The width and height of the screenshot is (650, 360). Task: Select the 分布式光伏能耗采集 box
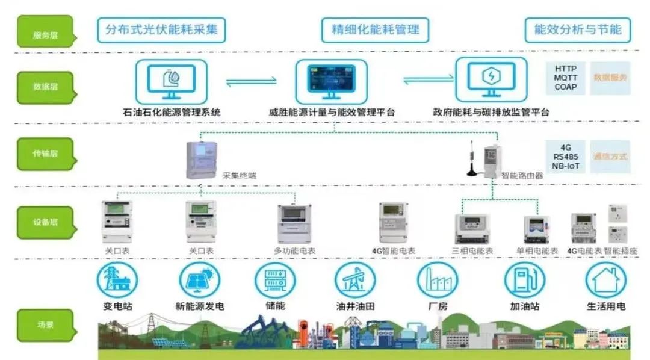(161, 29)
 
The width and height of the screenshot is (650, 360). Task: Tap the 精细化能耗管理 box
(376, 29)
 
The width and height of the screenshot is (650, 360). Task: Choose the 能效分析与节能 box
(578, 29)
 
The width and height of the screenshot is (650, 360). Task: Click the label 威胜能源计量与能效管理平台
(332, 112)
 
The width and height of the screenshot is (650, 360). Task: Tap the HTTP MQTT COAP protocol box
(566, 78)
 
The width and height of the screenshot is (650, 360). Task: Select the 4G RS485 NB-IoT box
(566, 157)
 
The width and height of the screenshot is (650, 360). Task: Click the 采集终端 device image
(201, 160)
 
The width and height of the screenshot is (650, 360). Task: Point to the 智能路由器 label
(521, 176)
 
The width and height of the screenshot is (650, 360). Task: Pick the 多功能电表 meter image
(295, 224)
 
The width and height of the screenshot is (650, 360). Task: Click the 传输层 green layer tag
(45, 154)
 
